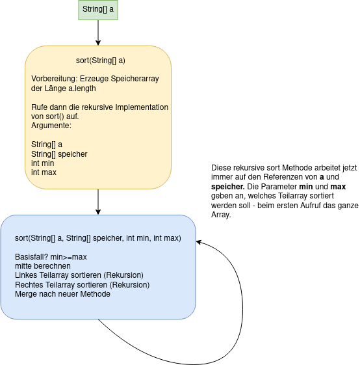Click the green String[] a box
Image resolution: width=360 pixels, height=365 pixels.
pyautogui.click(x=98, y=10)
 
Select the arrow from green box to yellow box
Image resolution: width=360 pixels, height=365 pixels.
pyautogui.click(x=98, y=33)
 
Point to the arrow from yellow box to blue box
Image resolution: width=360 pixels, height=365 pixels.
pyautogui.click(x=98, y=202)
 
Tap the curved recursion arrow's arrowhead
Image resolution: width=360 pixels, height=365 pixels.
pyautogui.click(x=199, y=242)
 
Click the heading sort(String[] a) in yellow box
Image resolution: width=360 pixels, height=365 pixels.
pyautogui.click(x=101, y=61)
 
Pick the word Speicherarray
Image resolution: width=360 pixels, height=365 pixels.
pyautogui.click(x=135, y=79)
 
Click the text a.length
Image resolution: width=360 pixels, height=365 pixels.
pyautogui.click(x=82, y=88)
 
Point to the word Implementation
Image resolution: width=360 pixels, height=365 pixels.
pyautogui.click(x=142, y=107)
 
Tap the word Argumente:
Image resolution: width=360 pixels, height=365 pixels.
pyautogui.click(x=51, y=126)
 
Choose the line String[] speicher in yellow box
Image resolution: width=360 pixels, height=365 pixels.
pyautogui.click(x=59, y=154)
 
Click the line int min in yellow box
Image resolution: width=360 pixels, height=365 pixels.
pyautogui.click(x=42, y=163)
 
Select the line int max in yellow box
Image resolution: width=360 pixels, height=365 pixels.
pyautogui.click(x=44, y=172)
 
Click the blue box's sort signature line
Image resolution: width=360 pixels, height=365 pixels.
pyautogui.click(x=98, y=238)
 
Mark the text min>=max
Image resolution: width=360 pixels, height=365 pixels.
pyautogui.click(x=68, y=257)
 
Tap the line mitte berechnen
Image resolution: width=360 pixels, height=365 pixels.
pyautogui.click(x=43, y=266)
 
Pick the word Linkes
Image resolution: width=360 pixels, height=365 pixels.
pyautogui.click(x=26, y=275)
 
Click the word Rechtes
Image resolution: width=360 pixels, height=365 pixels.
pyautogui.click(x=29, y=285)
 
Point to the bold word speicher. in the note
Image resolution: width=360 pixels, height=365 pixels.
pyautogui.click(x=228, y=187)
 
